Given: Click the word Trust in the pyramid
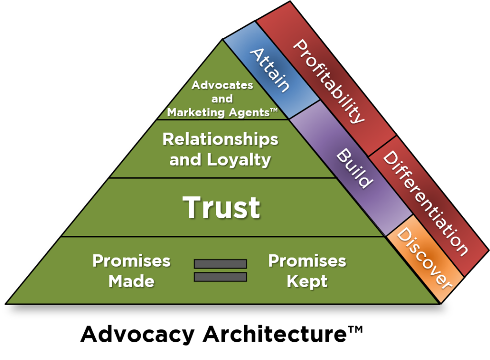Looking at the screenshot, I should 222,207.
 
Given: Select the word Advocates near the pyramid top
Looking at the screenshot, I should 222,85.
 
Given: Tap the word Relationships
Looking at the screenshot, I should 220,139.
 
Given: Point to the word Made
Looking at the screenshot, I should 131,281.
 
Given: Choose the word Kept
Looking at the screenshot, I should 307,281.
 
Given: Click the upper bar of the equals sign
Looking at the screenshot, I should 220,264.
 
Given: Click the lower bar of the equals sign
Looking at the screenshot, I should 220,277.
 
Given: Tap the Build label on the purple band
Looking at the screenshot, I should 354,169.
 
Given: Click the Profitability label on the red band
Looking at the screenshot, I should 328,81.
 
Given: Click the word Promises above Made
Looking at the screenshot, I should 131,261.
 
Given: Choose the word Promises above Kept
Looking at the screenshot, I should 307,261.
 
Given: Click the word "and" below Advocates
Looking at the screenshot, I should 222,99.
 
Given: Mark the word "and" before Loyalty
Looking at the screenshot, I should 186,160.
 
